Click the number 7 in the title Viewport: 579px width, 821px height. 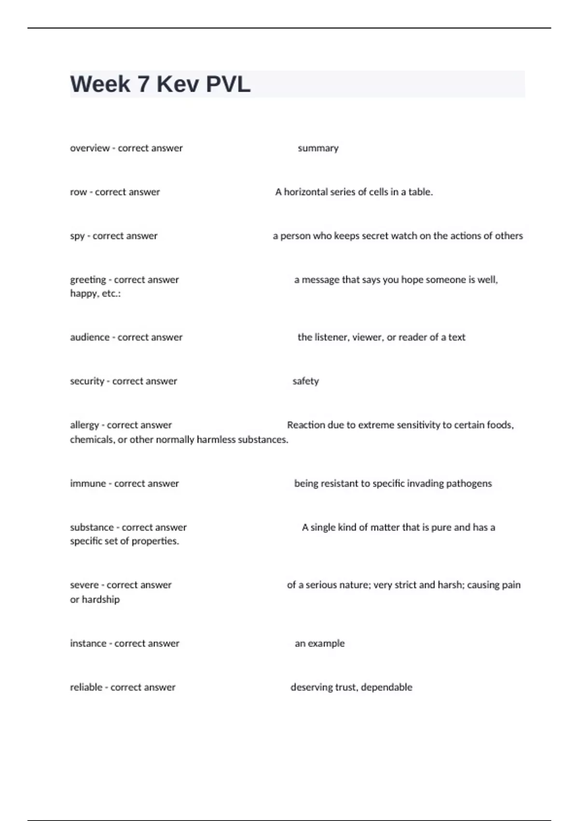tap(143, 85)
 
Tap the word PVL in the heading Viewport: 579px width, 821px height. tap(228, 85)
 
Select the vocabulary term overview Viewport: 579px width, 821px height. tap(90, 148)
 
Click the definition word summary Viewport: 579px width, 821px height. tap(318, 148)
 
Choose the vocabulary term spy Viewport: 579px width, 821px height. tap(77, 236)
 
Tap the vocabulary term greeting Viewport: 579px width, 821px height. tap(88, 280)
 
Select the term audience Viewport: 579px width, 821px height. tap(90, 337)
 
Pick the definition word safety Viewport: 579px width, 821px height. tap(305, 381)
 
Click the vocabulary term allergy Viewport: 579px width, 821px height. tap(84, 425)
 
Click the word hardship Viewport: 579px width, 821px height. tap(100, 599)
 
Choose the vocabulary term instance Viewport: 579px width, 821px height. tap(88, 643)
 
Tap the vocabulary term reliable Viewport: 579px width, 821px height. tap(86, 687)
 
